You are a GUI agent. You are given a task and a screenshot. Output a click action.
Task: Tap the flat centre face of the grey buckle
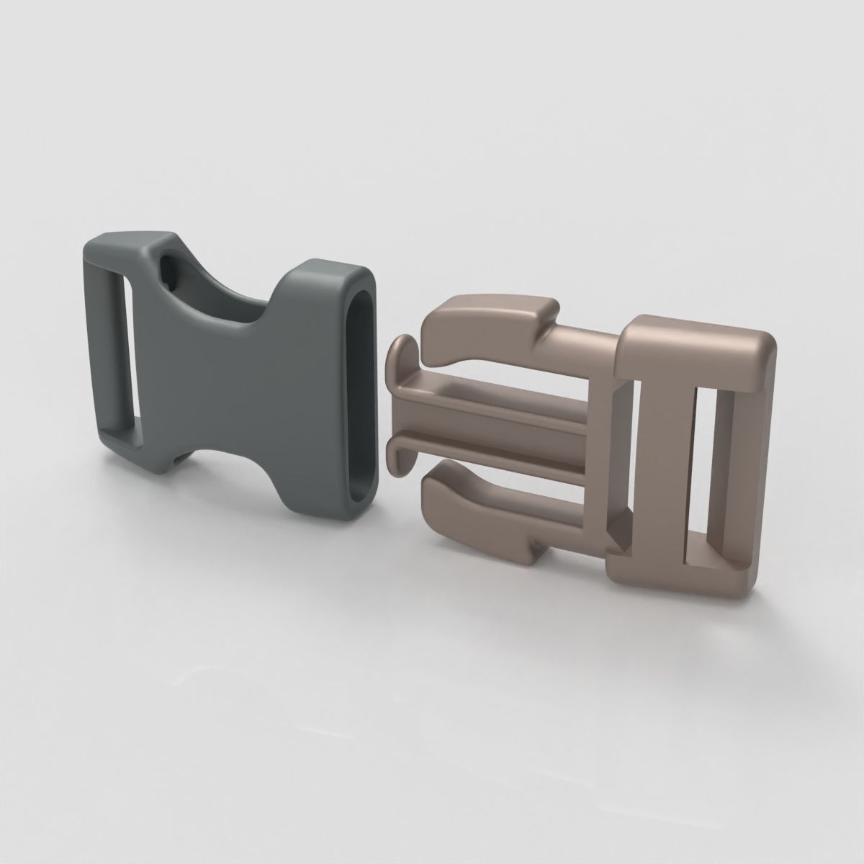pos(216,389)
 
